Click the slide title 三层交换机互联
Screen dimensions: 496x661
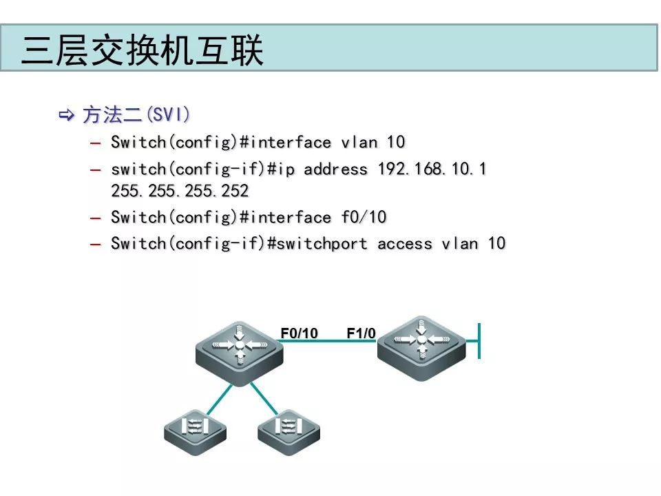[x=143, y=51]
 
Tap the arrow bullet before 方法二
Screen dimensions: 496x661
[x=67, y=114]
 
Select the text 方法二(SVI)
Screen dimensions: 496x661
[x=136, y=114]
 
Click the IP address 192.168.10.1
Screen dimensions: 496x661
[x=432, y=169]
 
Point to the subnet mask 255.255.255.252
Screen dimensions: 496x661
[x=179, y=191]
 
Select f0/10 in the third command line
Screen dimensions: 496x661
[x=364, y=218]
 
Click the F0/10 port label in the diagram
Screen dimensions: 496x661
[x=299, y=333]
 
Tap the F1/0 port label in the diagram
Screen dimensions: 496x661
[x=361, y=333]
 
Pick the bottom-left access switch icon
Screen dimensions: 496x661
[x=195, y=430]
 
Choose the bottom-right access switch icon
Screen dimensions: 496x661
[x=289, y=430]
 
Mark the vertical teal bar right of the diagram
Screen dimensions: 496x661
[x=479, y=340]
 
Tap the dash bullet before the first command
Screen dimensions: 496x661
[x=95, y=143]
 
